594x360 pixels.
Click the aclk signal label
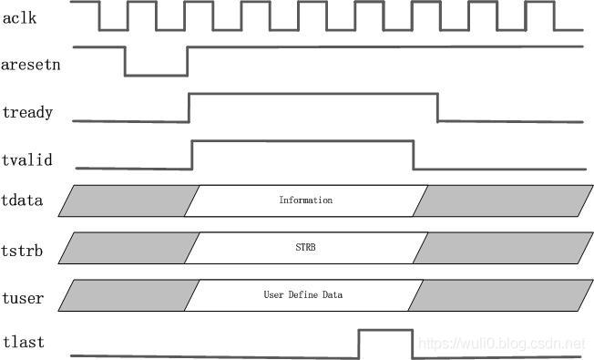click(21, 19)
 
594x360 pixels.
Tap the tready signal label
click(27, 113)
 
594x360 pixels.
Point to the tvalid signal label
click(27, 160)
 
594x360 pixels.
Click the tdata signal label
click(24, 200)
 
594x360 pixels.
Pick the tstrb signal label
click(24, 247)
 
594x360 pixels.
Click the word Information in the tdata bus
click(305, 200)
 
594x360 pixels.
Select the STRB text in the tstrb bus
click(305, 247)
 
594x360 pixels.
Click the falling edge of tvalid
click(414, 154)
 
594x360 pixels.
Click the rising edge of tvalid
click(192, 154)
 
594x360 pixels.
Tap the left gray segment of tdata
click(128, 201)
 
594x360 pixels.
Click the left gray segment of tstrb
click(128, 248)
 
